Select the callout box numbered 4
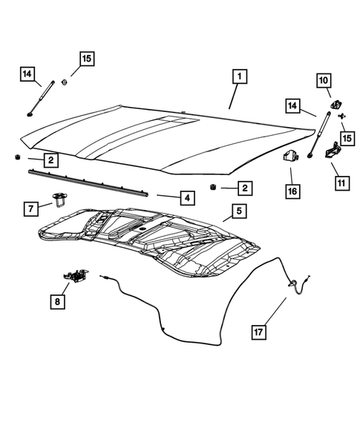tap(186, 197)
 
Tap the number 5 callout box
tap(238, 212)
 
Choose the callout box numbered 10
tap(324, 80)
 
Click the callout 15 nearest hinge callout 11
tap(347, 138)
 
